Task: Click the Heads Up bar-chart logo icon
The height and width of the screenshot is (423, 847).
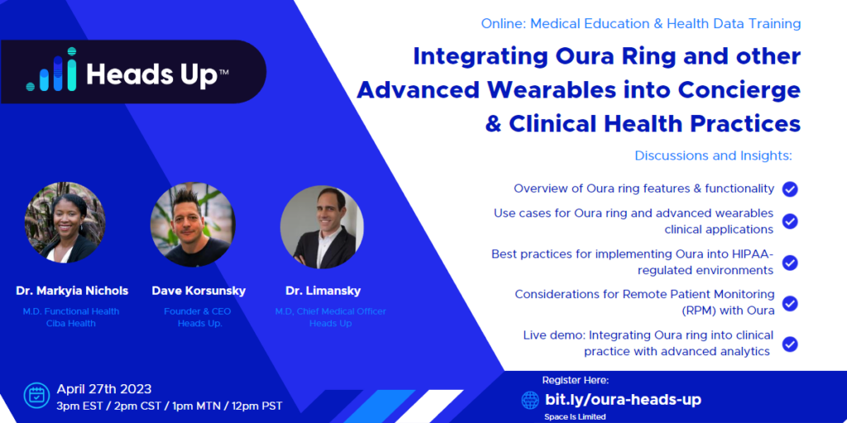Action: (x=51, y=69)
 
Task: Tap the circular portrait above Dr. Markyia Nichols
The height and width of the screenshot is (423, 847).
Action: (x=65, y=222)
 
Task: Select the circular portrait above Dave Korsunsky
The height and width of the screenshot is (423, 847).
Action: (x=193, y=225)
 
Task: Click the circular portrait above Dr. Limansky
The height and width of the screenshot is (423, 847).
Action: (x=322, y=226)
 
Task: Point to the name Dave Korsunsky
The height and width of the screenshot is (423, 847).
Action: (x=199, y=291)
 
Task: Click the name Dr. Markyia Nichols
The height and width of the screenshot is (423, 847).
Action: (x=72, y=291)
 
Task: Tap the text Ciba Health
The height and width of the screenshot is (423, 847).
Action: (x=71, y=323)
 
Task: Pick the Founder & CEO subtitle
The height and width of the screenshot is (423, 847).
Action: (x=197, y=311)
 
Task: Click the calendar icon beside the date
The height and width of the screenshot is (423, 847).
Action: (x=36, y=396)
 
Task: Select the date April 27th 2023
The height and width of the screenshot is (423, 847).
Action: (x=104, y=389)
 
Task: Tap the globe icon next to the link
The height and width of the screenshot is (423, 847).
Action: (x=530, y=400)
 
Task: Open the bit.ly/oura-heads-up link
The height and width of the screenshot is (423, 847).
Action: (x=624, y=400)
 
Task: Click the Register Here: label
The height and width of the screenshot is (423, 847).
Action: (x=576, y=380)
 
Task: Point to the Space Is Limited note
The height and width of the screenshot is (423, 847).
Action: (x=576, y=416)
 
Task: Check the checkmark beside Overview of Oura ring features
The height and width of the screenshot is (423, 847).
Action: (x=790, y=189)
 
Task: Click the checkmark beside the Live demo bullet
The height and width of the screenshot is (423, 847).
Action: (x=790, y=345)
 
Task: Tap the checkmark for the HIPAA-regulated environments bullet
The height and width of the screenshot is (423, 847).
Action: (x=790, y=263)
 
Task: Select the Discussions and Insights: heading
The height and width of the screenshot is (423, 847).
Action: (x=713, y=156)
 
